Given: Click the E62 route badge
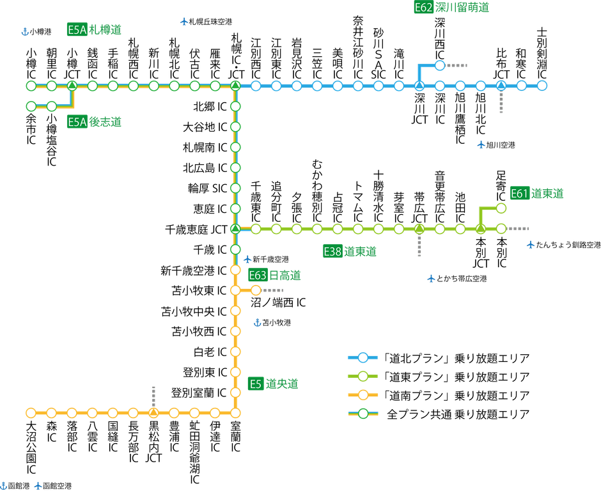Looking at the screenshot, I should [x=423, y=8].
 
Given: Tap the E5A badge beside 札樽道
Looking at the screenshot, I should [x=76, y=29].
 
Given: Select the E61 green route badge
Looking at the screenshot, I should [x=519, y=193].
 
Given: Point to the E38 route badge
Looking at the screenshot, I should [x=332, y=251].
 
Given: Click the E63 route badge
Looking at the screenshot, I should [x=256, y=276].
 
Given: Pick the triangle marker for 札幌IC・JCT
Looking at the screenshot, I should [x=235, y=86].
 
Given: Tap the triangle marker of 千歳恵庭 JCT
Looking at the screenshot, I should [x=235, y=228].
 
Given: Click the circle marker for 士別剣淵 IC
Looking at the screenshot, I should [x=542, y=86].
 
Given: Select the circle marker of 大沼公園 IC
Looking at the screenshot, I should [x=31, y=412].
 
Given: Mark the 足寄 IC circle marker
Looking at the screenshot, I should [x=501, y=208].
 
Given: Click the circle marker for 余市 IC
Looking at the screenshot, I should [x=31, y=106].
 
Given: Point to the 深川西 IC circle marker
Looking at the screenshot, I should [x=440, y=65].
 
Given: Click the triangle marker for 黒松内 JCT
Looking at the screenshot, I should [x=153, y=412].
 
